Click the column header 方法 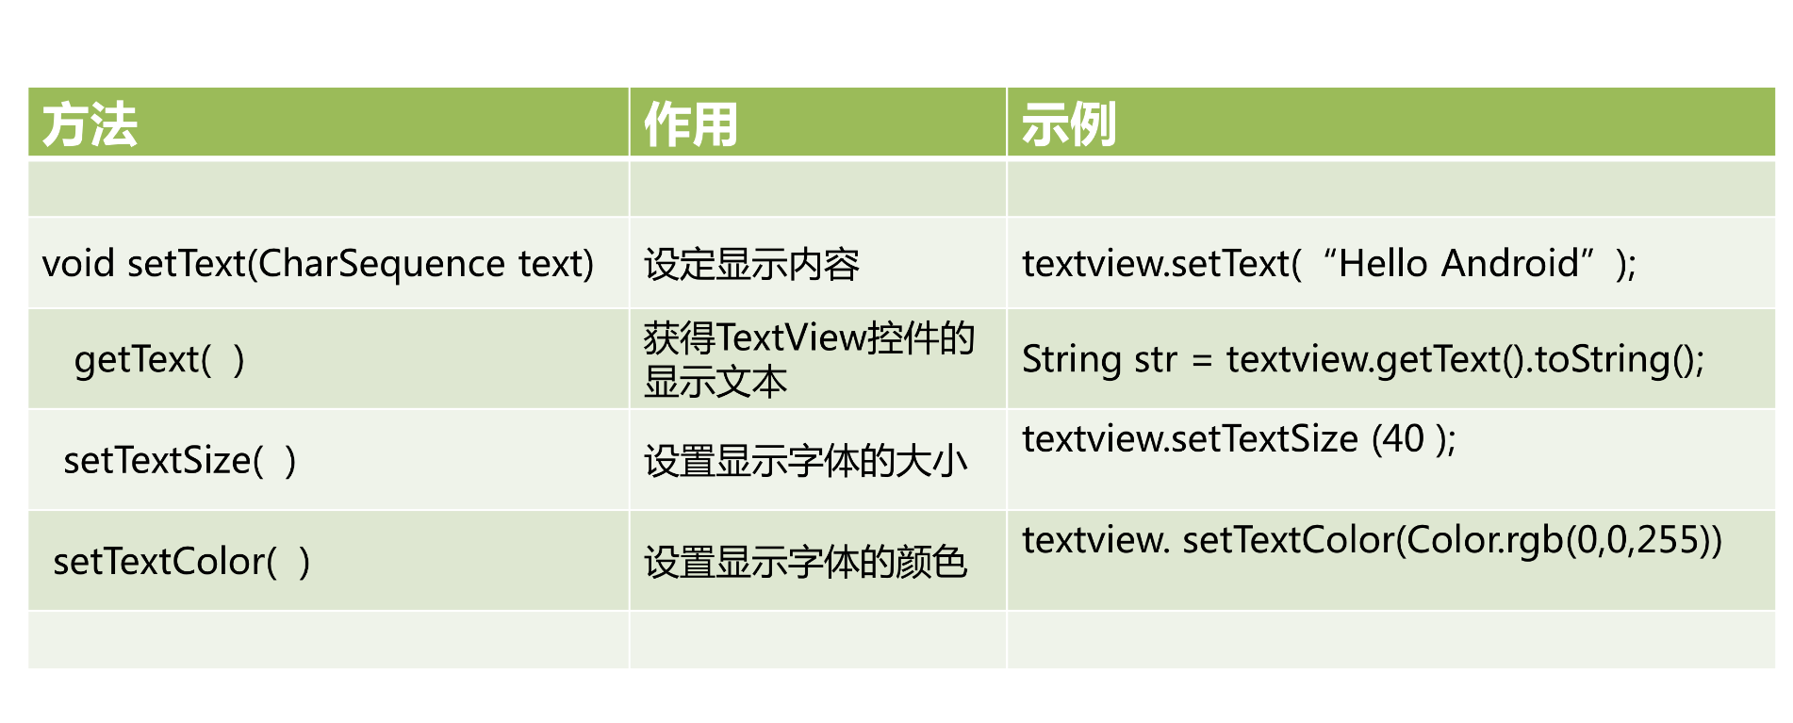tap(90, 124)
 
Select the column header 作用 tap(690, 124)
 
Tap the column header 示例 tap(1068, 124)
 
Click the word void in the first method tap(78, 264)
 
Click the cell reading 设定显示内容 tap(751, 265)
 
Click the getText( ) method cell tap(158, 360)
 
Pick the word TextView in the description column tap(791, 337)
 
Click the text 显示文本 tap(716, 382)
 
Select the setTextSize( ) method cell tap(179, 461)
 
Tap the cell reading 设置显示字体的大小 tap(806, 461)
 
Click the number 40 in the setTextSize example tap(1404, 439)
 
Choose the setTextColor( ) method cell tap(181, 562)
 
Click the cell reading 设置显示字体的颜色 tap(806, 562)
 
